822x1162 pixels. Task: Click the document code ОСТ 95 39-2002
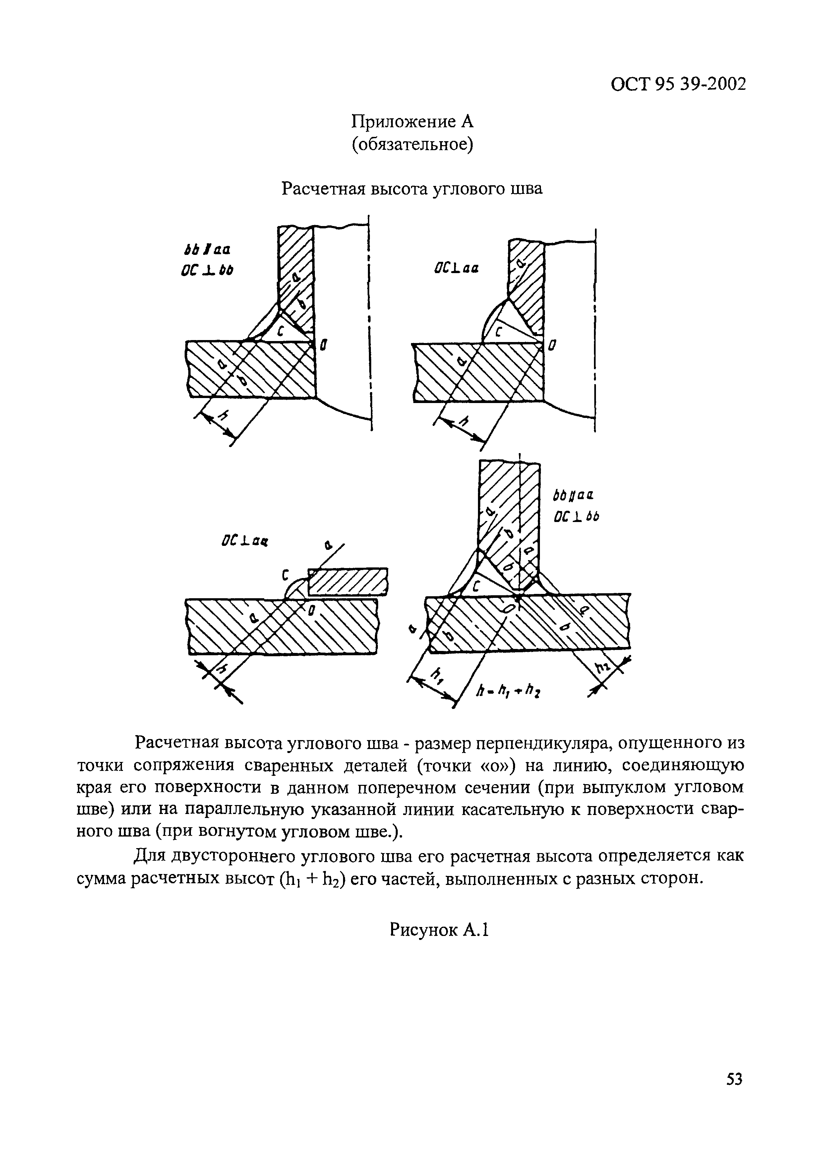click(678, 84)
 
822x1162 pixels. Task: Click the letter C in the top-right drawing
click(498, 332)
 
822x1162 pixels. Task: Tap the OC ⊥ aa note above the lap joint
click(244, 542)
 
